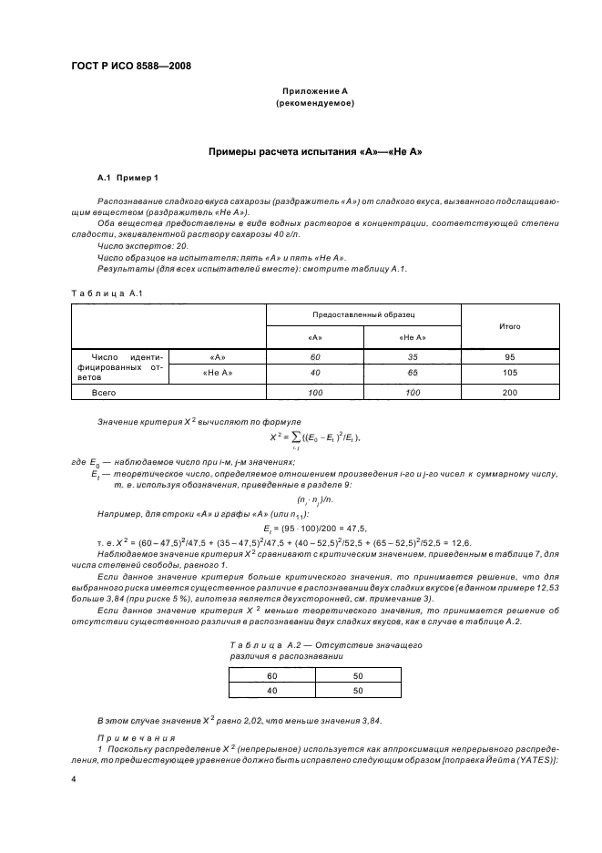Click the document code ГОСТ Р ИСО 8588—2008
click(130, 65)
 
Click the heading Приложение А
click(314, 91)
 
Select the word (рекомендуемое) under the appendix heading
click(314, 103)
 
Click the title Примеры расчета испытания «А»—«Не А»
click(314, 150)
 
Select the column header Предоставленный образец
click(362, 313)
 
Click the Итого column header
click(509, 324)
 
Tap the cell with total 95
click(509, 356)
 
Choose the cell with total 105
click(509, 373)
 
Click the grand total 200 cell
click(509, 392)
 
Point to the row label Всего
click(103, 392)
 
